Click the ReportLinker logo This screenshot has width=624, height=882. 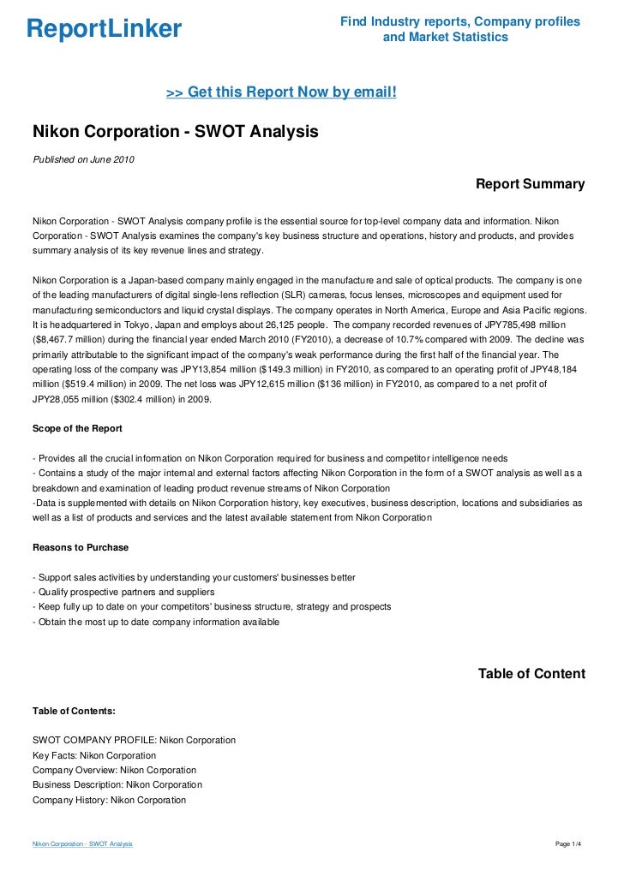click(x=104, y=29)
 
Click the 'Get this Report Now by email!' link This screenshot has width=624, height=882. click(x=281, y=92)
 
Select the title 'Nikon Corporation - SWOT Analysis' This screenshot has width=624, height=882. click(x=175, y=132)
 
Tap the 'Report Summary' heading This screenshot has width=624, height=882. click(x=530, y=184)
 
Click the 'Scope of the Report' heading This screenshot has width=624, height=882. click(x=77, y=428)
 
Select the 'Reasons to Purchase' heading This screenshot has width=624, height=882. click(x=81, y=545)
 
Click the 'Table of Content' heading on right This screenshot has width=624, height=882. click(x=531, y=674)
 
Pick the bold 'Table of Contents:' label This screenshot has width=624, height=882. click(x=75, y=711)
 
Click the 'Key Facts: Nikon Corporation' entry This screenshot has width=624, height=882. click(x=94, y=755)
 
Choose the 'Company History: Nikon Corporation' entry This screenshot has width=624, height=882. click(x=109, y=800)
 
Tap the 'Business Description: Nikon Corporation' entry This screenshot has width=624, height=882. click(x=117, y=784)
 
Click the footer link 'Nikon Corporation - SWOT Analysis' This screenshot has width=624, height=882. click(x=82, y=844)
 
